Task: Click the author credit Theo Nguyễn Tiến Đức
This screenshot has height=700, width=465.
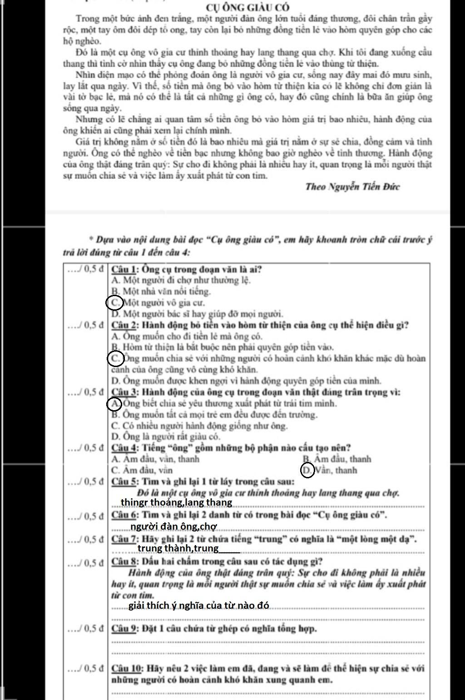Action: coord(352,186)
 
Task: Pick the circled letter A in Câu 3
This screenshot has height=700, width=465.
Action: coord(114,403)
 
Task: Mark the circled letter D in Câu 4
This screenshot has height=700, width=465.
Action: coord(307,470)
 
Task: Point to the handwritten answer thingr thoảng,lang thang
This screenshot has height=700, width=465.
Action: coord(176,502)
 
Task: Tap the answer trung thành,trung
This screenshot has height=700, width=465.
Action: coord(178,549)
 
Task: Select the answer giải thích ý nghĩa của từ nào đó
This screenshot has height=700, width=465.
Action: coord(199,606)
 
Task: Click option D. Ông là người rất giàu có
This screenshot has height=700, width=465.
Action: coord(166,437)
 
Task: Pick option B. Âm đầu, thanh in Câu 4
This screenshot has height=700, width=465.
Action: coord(336,459)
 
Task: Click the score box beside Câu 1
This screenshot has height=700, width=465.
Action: coord(86,269)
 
